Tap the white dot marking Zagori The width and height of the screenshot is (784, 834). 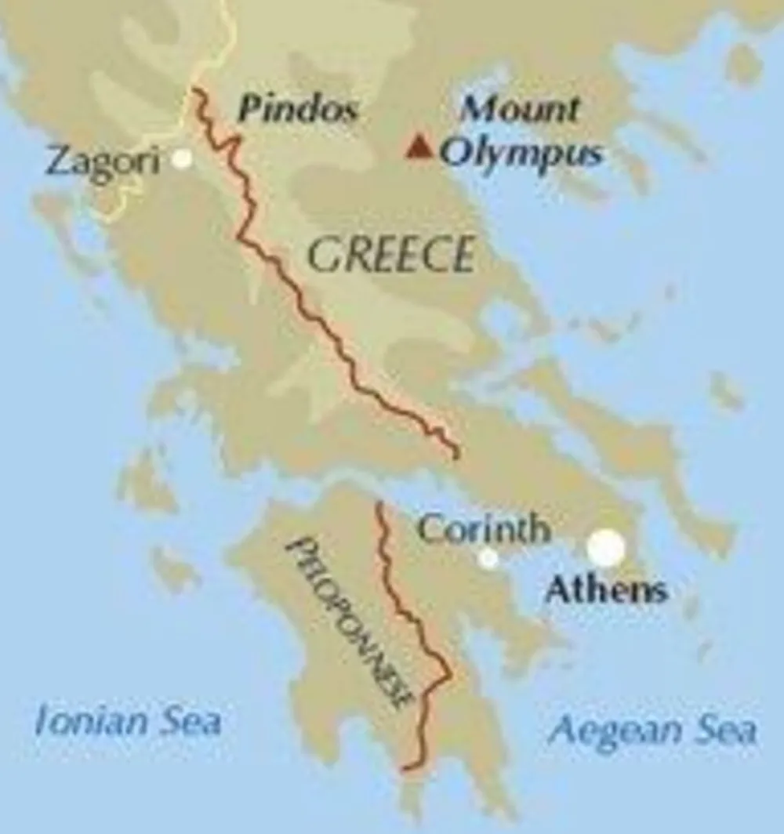pyautogui.click(x=182, y=159)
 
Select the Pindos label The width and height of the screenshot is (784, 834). pyautogui.click(x=297, y=110)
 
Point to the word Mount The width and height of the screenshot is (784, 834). pyautogui.click(x=519, y=108)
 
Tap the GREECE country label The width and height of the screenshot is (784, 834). pyautogui.click(x=390, y=255)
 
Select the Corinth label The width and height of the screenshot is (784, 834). pyautogui.click(x=483, y=530)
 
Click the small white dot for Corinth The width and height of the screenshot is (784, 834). pyautogui.click(x=488, y=558)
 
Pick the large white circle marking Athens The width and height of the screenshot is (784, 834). pyautogui.click(x=606, y=548)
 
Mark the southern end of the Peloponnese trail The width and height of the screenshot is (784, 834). pyautogui.click(x=405, y=769)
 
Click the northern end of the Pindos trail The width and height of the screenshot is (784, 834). pyautogui.click(x=194, y=92)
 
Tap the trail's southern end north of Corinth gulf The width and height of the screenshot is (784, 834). pyautogui.click(x=456, y=455)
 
